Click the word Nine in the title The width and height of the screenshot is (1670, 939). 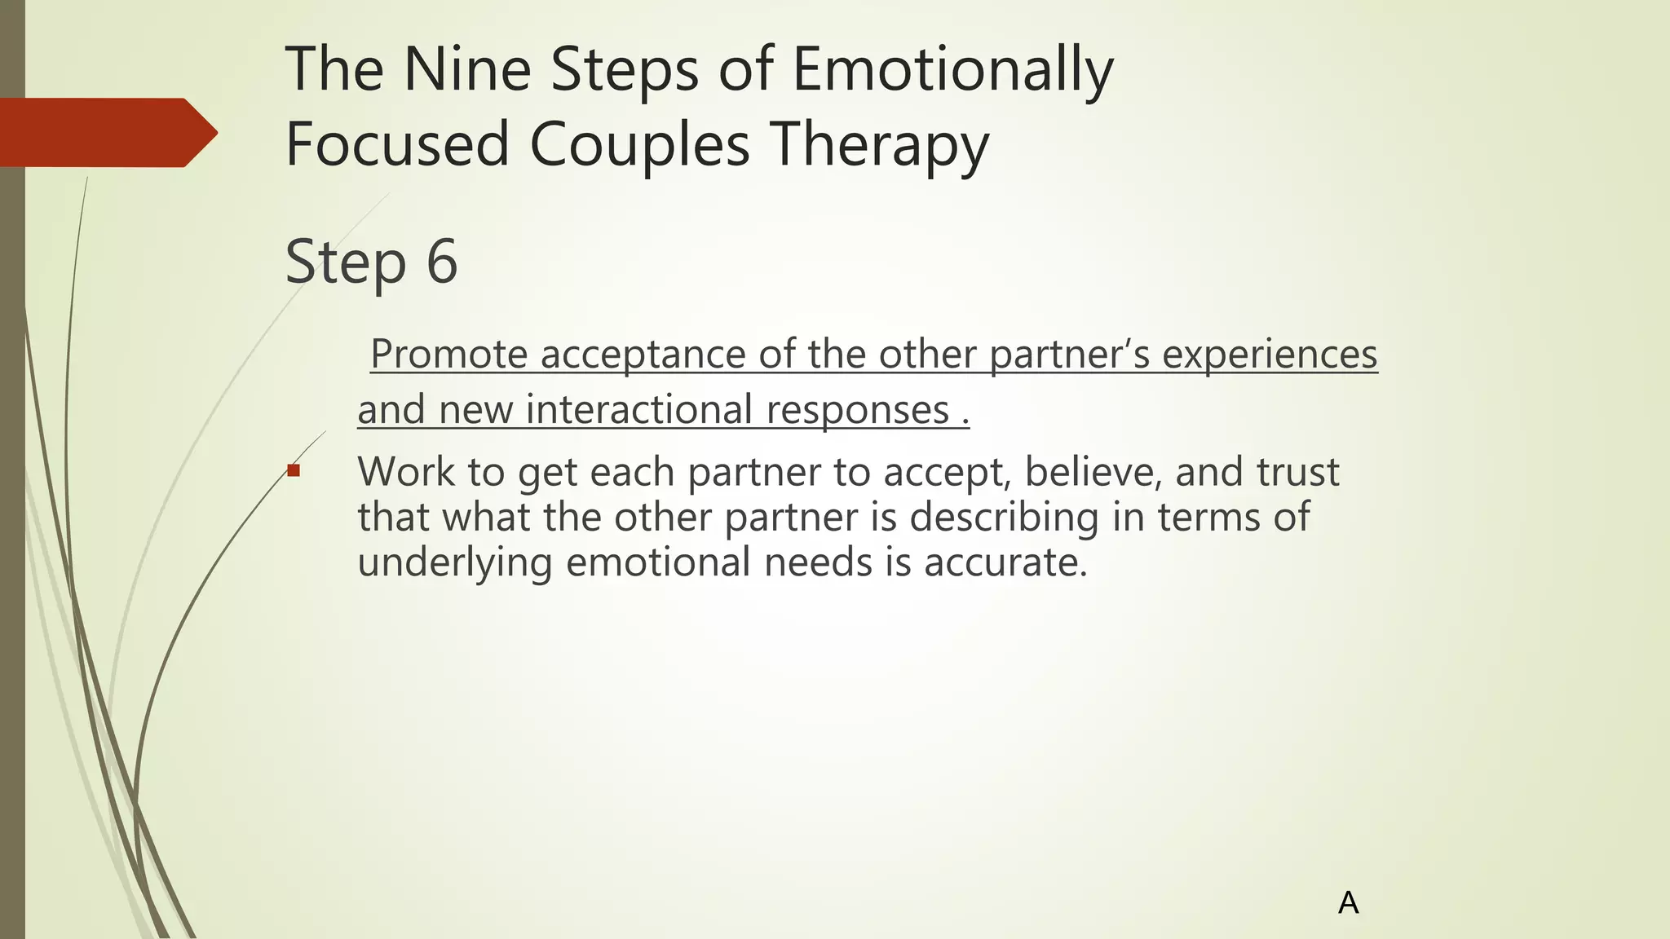pos(466,70)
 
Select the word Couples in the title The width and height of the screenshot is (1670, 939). pos(639,145)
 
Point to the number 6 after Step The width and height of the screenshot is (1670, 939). pos(442,262)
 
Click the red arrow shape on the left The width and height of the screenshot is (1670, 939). pos(106,133)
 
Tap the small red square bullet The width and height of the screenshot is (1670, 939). pos(294,470)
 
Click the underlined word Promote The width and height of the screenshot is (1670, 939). pos(448,355)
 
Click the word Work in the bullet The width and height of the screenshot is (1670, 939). pos(405,472)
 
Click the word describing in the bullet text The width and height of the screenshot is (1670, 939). pos(1004,518)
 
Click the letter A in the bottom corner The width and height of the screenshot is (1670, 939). pos(1348,903)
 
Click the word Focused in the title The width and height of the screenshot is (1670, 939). pos(397,145)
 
